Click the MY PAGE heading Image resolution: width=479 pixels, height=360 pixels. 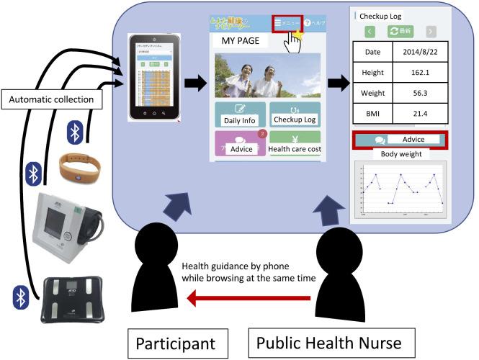[240, 41]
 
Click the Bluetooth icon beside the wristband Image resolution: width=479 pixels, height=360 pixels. [73, 131]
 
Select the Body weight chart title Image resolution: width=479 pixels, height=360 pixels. [400, 153]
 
